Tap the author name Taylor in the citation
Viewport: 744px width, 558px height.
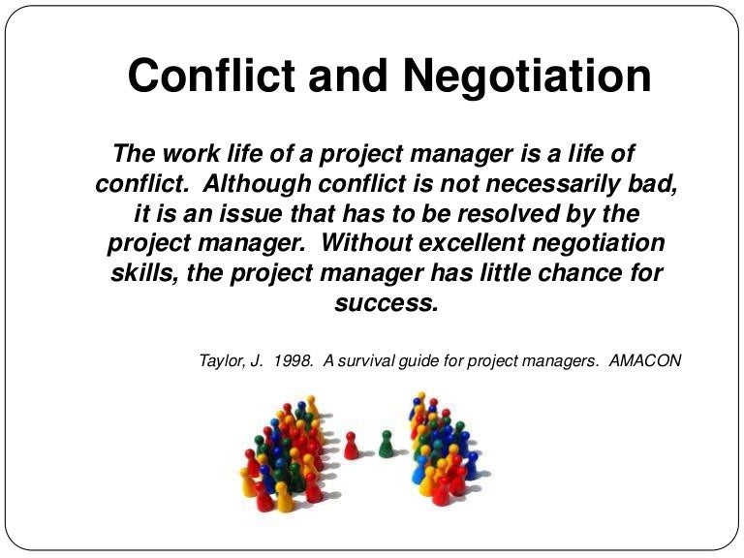click(x=220, y=360)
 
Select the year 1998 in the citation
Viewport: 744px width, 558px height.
click(x=294, y=360)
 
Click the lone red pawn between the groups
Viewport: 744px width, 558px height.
click(x=352, y=445)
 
